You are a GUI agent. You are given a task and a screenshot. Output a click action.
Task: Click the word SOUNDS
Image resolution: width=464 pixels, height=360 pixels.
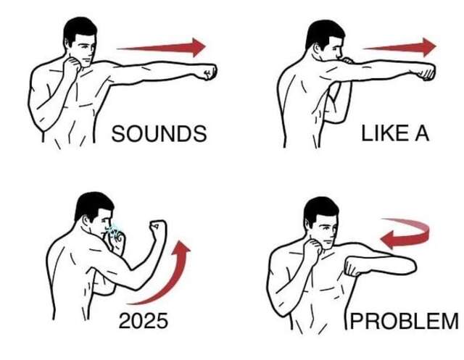point(159,133)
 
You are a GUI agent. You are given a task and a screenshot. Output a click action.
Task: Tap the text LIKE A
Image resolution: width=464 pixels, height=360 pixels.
point(395,133)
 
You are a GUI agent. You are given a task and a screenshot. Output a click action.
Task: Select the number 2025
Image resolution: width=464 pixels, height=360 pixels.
point(144,321)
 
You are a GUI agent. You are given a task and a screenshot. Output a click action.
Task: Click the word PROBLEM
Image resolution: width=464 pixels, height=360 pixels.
point(405,321)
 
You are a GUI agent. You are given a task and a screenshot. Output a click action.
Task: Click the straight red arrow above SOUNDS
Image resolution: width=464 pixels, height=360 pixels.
point(161,47)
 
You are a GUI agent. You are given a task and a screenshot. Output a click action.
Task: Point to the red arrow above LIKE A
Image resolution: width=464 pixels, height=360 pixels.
point(399,47)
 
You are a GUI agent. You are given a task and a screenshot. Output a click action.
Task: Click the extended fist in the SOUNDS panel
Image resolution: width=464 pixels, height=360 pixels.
point(210,72)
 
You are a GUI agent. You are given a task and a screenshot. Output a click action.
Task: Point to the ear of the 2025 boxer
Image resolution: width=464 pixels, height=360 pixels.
point(86,220)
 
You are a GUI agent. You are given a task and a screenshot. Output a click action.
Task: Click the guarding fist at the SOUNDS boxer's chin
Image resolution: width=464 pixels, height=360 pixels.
point(72,64)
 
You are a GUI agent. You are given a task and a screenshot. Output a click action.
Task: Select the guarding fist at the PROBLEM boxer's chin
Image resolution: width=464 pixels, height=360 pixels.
point(313,246)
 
